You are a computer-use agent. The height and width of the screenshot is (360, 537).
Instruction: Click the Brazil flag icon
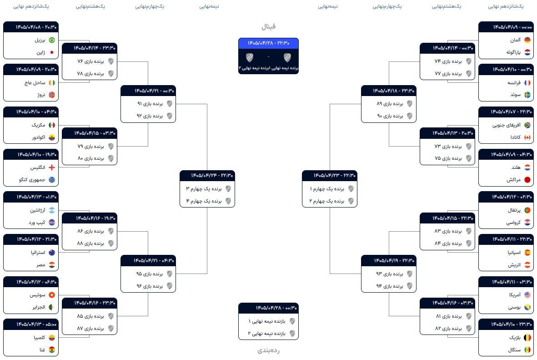coord(52,40)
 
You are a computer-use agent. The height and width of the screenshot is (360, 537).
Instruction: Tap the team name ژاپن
coord(41,52)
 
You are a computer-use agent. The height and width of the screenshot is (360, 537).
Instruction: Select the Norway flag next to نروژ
coord(52,95)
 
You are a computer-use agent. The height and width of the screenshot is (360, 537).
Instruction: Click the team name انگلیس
coord(38,167)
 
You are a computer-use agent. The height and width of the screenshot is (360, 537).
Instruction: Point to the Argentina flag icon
coord(52,210)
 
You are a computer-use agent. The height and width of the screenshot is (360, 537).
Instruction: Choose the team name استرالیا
coord(38,253)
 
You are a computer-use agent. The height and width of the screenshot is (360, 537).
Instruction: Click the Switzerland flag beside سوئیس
coord(52,295)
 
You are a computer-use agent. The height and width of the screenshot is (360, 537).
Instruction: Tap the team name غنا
coord(42,350)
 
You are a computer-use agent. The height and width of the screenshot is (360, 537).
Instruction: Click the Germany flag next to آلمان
coord(527,40)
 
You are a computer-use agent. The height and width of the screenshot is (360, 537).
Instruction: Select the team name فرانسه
coord(514,83)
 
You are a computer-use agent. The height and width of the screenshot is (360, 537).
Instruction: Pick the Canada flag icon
coord(527,137)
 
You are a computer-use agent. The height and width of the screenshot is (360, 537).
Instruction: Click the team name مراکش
coord(514,180)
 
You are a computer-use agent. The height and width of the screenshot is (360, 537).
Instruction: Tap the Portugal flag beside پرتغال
coord(527,210)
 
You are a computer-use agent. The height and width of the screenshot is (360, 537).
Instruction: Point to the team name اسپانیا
coord(514,253)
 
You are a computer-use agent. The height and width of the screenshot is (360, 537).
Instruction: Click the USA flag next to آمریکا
coord(527,295)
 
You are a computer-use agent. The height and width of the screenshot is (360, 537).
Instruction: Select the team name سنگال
coord(514,350)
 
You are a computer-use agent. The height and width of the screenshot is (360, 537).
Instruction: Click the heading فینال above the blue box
coord(268,26)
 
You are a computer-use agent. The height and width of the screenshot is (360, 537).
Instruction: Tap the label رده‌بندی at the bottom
coord(268,350)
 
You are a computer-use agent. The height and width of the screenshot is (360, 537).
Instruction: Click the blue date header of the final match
coord(268,43)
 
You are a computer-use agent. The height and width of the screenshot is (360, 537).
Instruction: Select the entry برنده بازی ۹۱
coord(150,104)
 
